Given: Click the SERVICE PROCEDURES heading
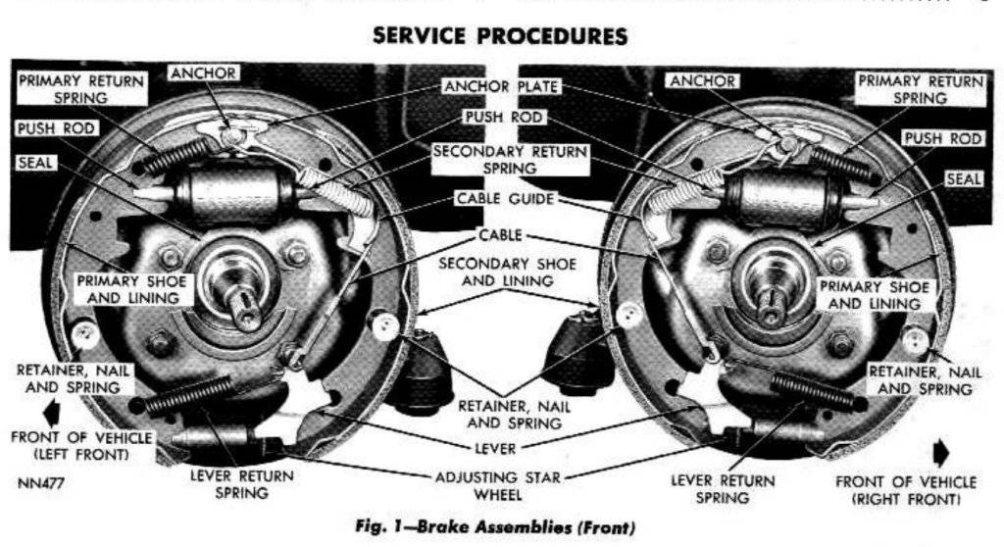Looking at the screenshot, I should (x=501, y=36).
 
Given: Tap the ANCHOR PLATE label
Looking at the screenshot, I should (x=502, y=86).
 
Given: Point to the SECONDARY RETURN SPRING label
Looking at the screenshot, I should (x=510, y=160).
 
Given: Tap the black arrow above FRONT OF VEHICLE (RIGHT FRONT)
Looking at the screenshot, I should (x=940, y=452).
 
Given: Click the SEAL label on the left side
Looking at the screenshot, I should (x=35, y=163).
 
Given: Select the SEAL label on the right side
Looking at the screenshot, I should (x=963, y=179).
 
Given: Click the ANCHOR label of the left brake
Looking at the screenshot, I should (x=202, y=74).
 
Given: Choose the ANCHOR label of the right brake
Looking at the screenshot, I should (x=702, y=81).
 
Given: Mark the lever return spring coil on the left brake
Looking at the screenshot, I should (x=190, y=395).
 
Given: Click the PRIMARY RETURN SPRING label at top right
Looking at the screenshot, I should (x=919, y=89).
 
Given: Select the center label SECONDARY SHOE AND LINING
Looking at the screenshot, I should (x=507, y=273).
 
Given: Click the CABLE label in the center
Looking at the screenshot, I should (x=501, y=235).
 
